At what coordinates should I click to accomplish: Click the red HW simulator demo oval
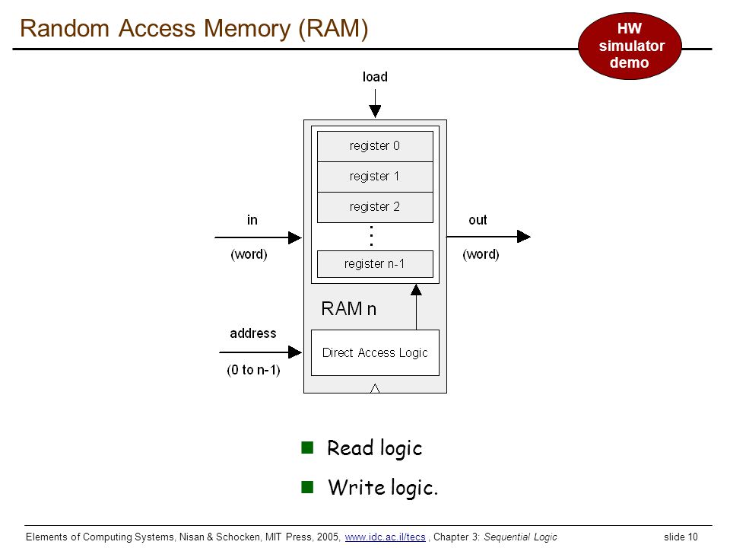click(630, 46)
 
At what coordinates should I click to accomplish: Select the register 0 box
click(375, 146)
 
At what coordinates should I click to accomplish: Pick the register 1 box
click(375, 177)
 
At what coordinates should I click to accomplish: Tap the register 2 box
click(375, 207)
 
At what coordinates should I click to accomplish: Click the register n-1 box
click(375, 264)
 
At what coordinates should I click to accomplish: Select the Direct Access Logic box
click(375, 352)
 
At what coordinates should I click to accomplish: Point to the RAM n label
click(348, 308)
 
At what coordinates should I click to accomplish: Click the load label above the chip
click(375, 76)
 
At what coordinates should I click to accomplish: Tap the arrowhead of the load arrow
click(375, 111)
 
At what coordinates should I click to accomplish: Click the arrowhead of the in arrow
click(295, 237)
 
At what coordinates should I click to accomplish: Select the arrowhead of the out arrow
click(524, 236)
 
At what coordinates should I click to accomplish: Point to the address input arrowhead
click(295, 352)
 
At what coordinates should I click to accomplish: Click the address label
click(252, 333)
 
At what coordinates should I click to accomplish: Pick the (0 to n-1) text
click(253, 370)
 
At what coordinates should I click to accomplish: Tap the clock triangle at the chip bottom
click(375, 388)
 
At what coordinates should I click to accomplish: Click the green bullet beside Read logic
click(307, 448)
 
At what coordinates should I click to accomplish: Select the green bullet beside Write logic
click(307, 487)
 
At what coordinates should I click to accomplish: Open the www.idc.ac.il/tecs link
click(385, 537)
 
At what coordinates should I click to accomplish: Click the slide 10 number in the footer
click(681, 537)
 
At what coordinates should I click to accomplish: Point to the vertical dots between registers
click(371, 236)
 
